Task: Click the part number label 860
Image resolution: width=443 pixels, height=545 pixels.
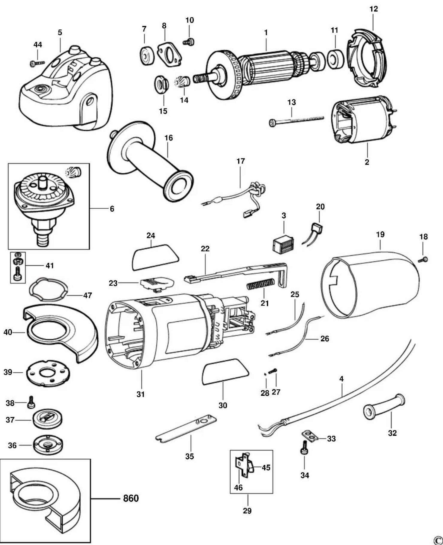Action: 131,498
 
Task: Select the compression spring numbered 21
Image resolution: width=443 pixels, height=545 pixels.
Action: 261,283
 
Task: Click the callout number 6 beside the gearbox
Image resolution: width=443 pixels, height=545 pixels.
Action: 112,209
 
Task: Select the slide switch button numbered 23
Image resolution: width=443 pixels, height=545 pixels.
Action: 156,283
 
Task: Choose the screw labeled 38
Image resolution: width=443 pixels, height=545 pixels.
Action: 31,402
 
